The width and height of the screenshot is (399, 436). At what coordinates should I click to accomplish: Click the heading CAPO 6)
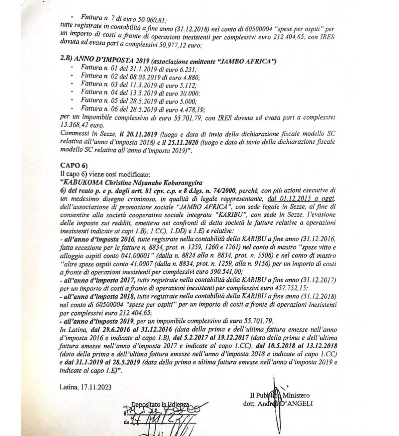[x=74, y=165]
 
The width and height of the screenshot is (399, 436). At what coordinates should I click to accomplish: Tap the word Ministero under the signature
[x=296, y=396]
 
